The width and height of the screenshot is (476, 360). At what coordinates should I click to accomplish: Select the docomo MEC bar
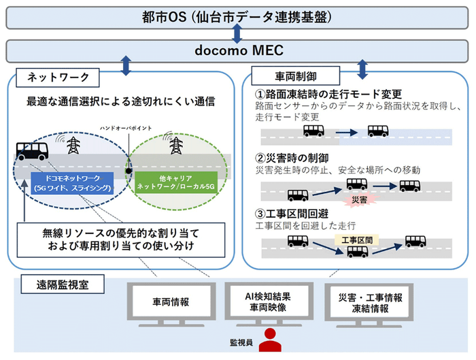(x=237, y=50)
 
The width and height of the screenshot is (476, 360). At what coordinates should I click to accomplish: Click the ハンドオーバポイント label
(x=126, y=127)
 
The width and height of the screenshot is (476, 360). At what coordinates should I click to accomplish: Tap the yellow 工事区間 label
(x=357, y=240)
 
